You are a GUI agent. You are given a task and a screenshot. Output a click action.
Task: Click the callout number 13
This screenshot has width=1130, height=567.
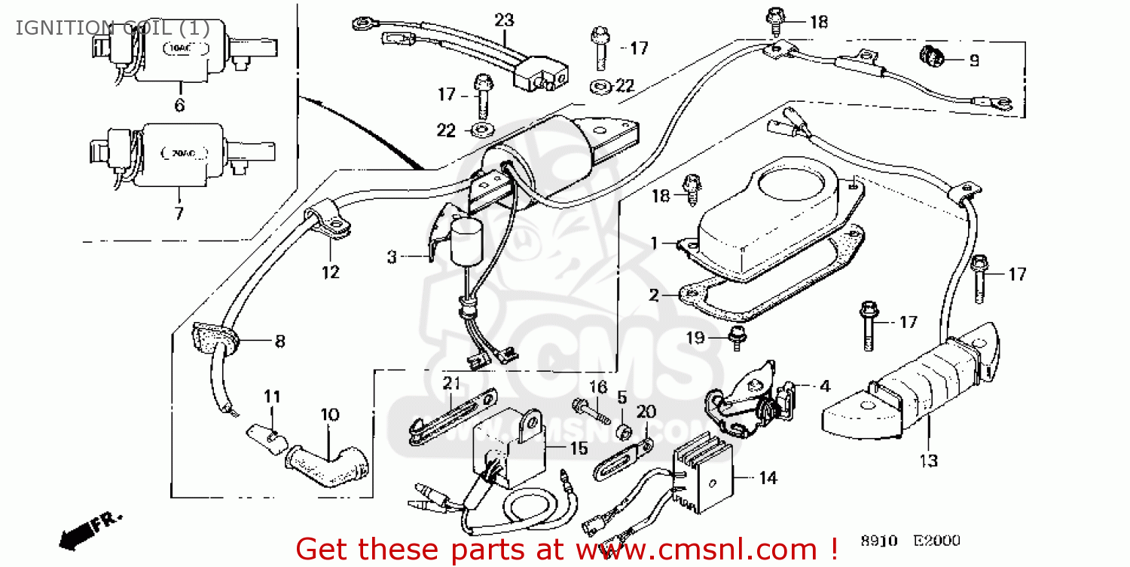(x=929, y=460)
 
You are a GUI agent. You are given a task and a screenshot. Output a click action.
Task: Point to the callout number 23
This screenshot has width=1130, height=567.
(x=503, y=20)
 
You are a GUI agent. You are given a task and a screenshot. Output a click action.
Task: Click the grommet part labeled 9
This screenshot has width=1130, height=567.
(x=931, y=55)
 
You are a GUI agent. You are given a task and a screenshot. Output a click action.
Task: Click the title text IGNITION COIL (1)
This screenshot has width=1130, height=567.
(x=112, y=28)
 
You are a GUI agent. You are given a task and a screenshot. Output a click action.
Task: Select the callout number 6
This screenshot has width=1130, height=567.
(x=179, y=106)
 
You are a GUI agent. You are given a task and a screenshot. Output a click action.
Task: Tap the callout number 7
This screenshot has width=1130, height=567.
(x=179, y=213)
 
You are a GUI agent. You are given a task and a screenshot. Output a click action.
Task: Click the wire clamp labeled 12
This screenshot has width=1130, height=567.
(x=327, y=223)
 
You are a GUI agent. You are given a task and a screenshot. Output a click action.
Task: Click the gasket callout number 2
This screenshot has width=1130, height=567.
(x=654, y=295)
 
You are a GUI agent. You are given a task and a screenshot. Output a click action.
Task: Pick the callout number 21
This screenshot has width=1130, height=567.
(x=451, y=383)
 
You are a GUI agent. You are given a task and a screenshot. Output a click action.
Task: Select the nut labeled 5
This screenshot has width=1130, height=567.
(x=624, y=432)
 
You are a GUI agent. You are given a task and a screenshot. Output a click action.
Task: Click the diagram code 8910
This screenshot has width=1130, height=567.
(x=879, y=541)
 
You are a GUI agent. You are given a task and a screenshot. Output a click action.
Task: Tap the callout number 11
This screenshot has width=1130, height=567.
(x=272, y=396)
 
